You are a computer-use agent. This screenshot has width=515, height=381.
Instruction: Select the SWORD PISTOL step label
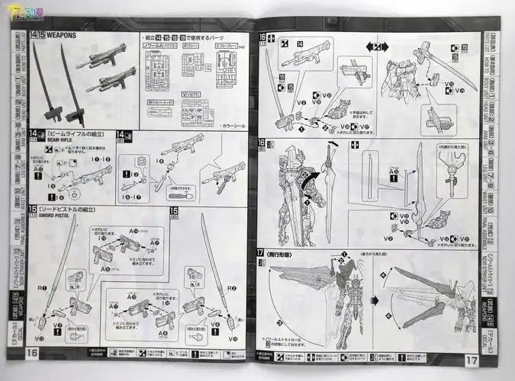63,216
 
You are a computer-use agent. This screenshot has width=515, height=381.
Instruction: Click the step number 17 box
262,252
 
